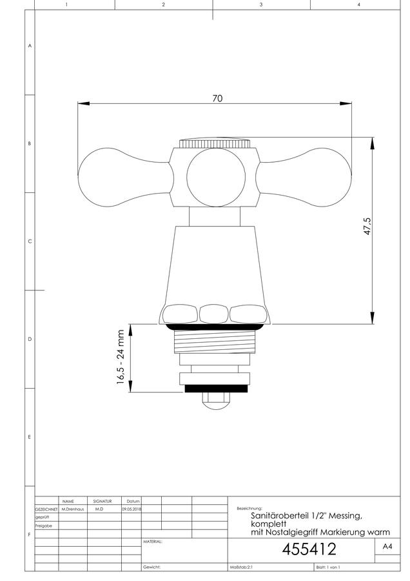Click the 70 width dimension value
coord(218,98)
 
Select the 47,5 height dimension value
coord(367,226)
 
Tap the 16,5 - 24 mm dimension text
coord(121,357)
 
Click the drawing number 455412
coord(309,549)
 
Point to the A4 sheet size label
coord(387,546)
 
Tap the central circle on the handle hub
coord(216,177)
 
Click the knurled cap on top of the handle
coord(215,143)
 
